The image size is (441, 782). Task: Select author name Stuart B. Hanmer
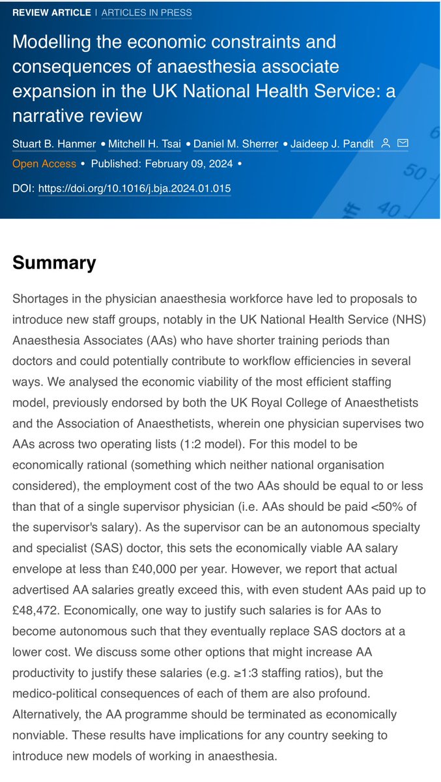(53, 143)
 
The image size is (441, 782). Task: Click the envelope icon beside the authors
(403, 143)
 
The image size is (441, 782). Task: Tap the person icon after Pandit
(386, 143)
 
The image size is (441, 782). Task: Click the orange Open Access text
(44, 164)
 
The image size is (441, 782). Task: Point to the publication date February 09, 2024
(164, 164)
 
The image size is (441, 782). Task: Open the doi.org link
(134, 188)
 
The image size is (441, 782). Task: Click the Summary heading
(54, 263)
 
